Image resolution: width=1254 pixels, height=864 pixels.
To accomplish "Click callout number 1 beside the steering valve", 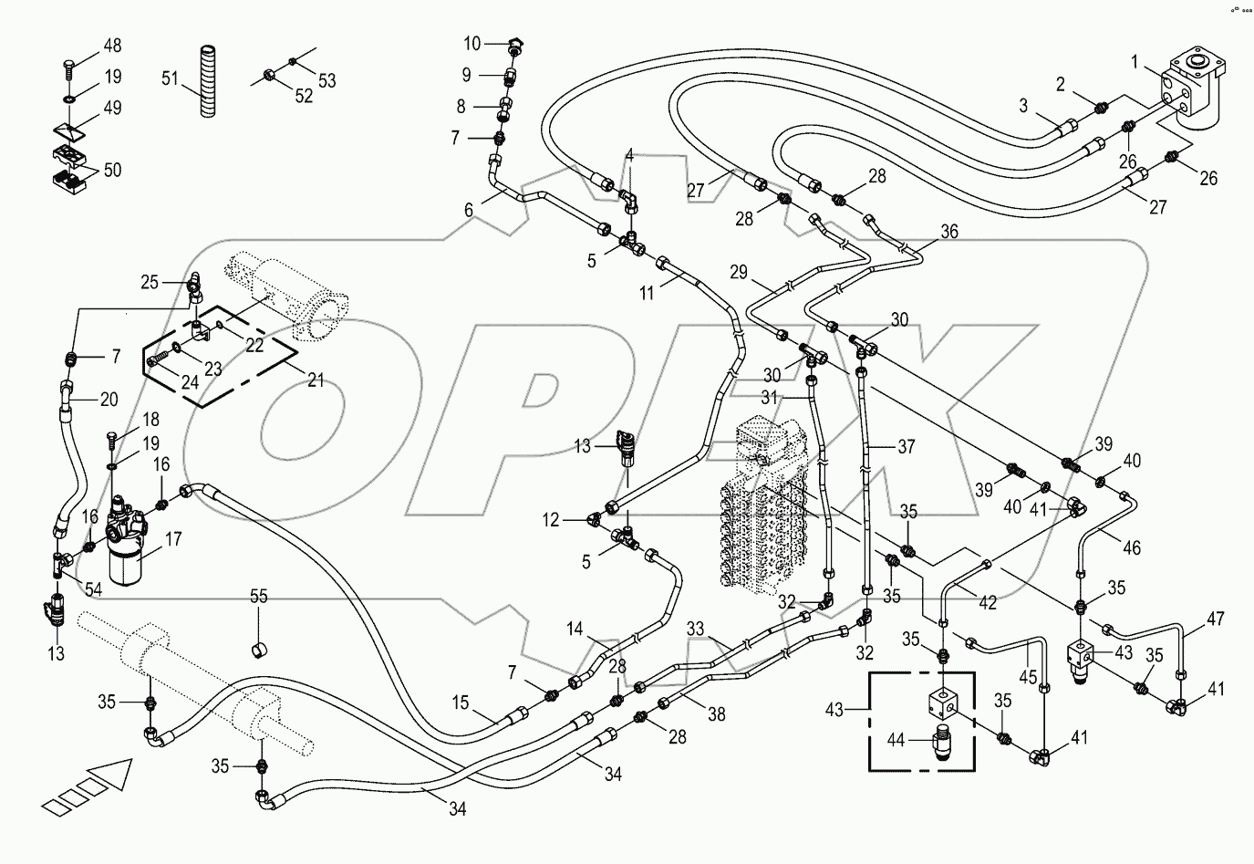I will (x=1135, y=62).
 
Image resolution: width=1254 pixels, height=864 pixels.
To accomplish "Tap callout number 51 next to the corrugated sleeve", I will (x=169, y=79).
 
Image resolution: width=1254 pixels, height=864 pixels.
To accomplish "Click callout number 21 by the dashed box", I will (x=316, y=380).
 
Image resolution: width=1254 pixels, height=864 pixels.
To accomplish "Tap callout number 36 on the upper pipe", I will (x=948, y=232).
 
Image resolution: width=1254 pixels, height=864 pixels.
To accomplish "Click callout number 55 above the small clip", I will (x=259, y=599).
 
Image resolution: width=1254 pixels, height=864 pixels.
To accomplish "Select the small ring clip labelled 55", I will (x=259, y=649).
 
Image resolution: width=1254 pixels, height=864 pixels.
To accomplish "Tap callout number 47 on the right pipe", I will (x=1215, y=619).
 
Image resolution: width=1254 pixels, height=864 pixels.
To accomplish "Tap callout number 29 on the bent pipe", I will (x=739, y=272).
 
